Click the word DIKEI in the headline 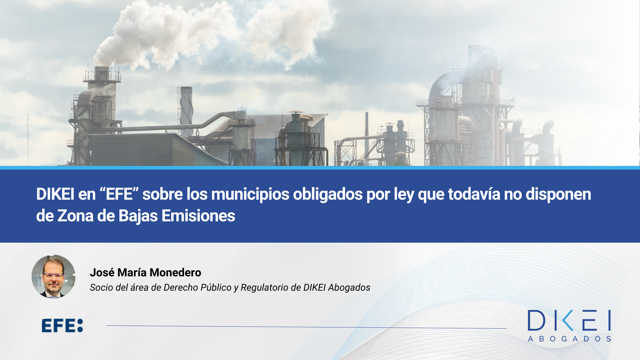click(55, 194)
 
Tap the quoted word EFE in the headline click(119, 194)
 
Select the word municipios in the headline click(250, 195)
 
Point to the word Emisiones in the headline click(198, 216)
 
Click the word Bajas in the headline click(138, 216)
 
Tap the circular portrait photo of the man click(53, 277)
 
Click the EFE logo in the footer click(62, 326)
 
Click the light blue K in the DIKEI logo click(568, 320)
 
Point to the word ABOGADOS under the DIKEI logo click(569, 339)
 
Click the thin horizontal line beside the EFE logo click(306, 327)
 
